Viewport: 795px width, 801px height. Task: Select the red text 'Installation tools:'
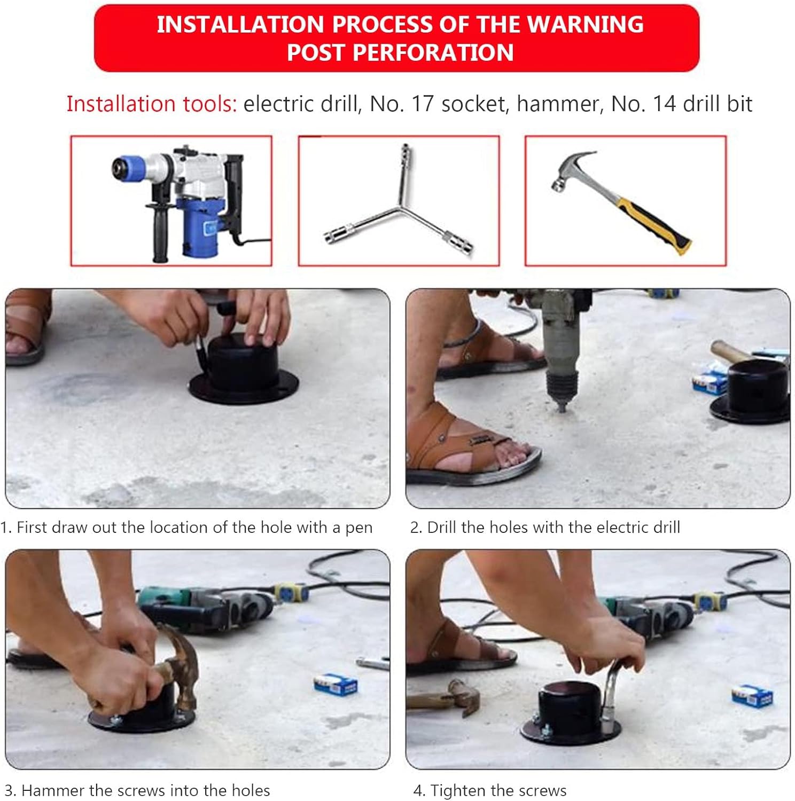(x=152, y=104)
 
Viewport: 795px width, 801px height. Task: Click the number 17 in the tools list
(x=423, y=104)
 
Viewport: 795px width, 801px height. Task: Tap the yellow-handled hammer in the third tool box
(x=621, y=202)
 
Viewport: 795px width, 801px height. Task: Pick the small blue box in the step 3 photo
(x=335, y=685)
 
